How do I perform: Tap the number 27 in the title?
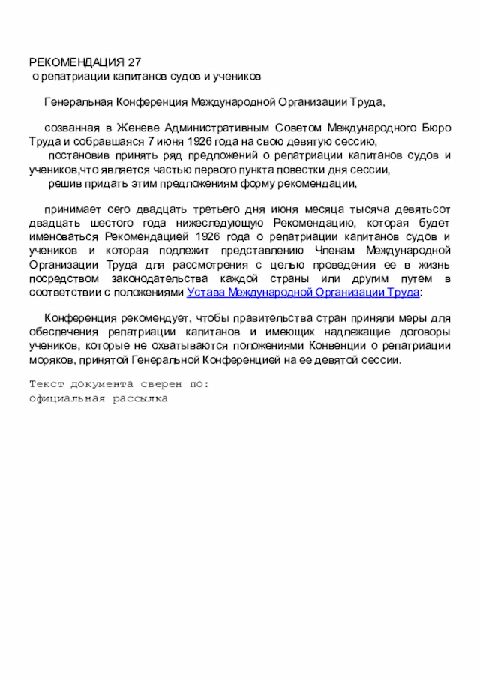[x=134, y=62]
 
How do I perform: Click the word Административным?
[x=217, y=128]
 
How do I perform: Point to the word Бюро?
[x=437, y=128]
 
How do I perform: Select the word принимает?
[x=71, y=210]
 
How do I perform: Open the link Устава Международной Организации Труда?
[x=302, y=292]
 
